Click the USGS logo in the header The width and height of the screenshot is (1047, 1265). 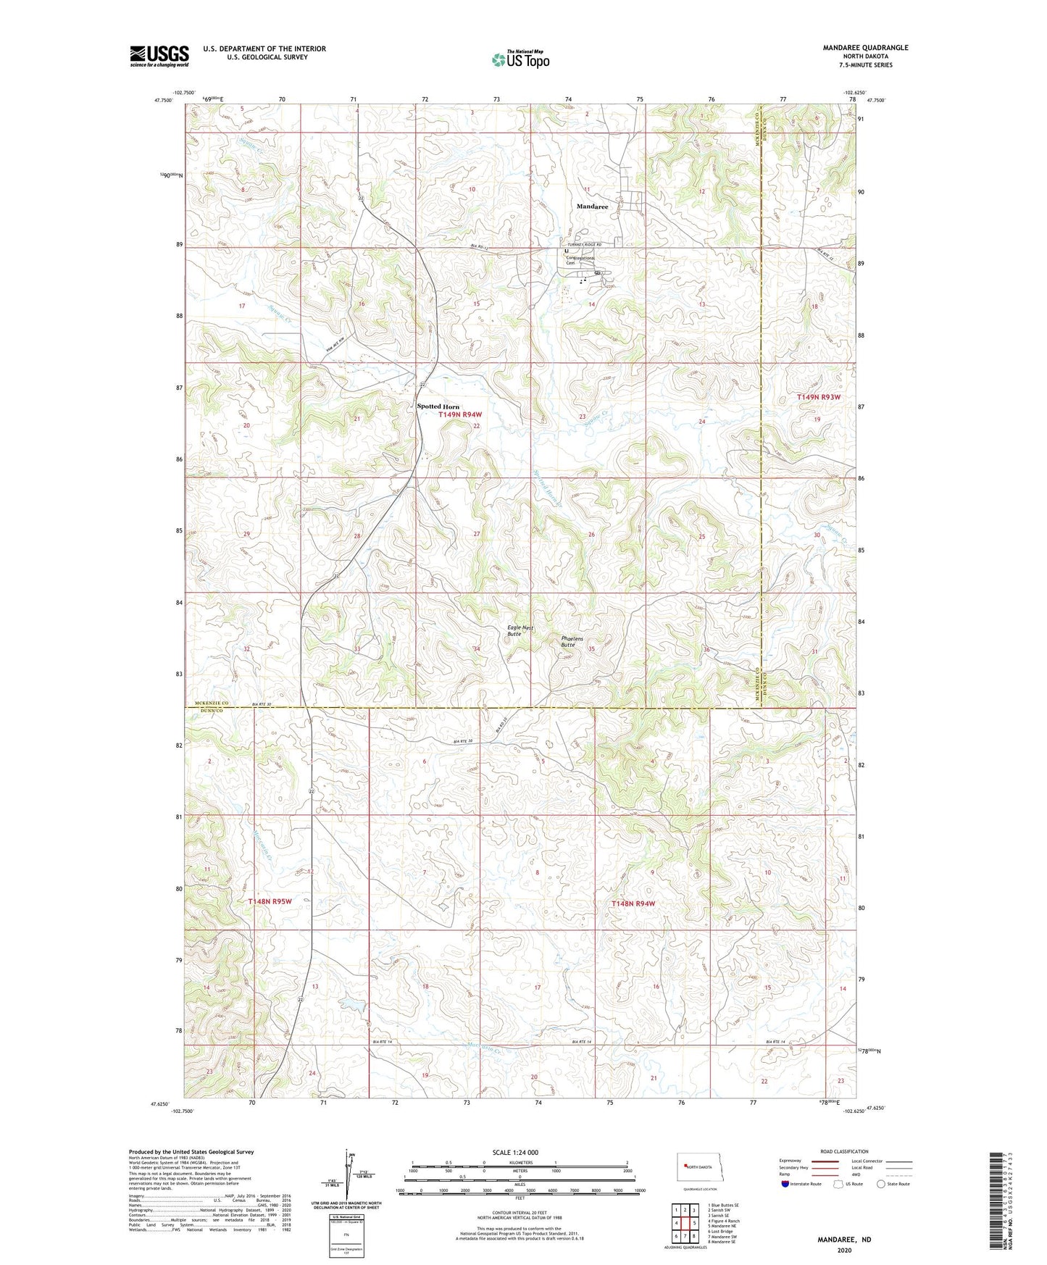[x=159, y=56]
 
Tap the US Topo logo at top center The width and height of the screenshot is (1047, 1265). [x=520, y=59]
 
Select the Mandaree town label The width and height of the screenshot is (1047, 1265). [x=592, y=206]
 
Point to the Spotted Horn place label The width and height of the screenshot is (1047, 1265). [x=438, y=406]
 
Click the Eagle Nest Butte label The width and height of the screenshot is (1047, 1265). [x=520, y=630]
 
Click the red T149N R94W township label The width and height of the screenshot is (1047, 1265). [x=460, y=414]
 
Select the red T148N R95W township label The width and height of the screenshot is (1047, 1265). [x=270, y=901]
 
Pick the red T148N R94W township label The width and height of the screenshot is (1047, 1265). [x=633, y=903]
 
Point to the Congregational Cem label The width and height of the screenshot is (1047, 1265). [x=580, y=260]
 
